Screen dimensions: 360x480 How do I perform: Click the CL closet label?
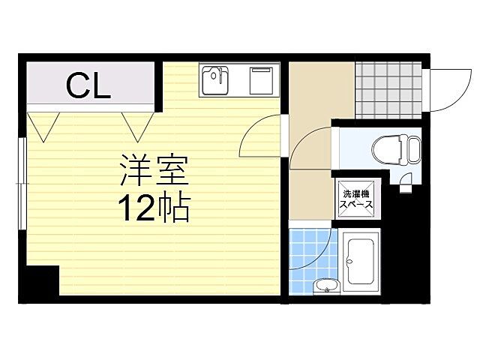(x=88, y=86)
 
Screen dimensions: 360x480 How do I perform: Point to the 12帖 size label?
(x=153, y=206)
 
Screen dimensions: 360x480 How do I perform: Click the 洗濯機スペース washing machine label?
(x=358, y=196)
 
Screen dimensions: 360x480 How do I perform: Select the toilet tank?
(x=413, y=148)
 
